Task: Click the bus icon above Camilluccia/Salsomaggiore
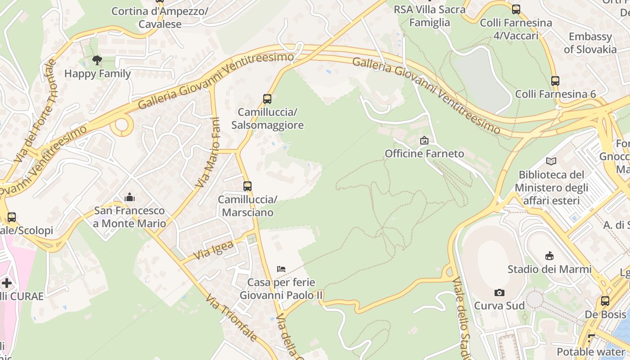[267, 99]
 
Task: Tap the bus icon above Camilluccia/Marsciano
[247, 186]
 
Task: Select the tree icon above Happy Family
[97, 60]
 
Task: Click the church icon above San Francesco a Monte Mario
[130, 197]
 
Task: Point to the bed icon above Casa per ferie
[281, 269]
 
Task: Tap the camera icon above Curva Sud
[499, 293]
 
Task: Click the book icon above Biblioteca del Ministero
[551, 161]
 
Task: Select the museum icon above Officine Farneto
[424, 140]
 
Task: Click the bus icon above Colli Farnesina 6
[555, 81]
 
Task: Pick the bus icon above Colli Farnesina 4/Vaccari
[516, 9]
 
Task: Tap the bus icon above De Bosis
[605, 301]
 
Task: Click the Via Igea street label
[215, 251]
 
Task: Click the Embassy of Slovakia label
[590, 43]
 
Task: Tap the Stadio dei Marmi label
[549, 269]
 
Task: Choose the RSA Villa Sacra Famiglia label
[429, 16]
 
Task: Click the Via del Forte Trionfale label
[36, 110]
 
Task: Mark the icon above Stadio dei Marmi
[549, 256]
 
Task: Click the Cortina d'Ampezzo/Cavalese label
[160, 18]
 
